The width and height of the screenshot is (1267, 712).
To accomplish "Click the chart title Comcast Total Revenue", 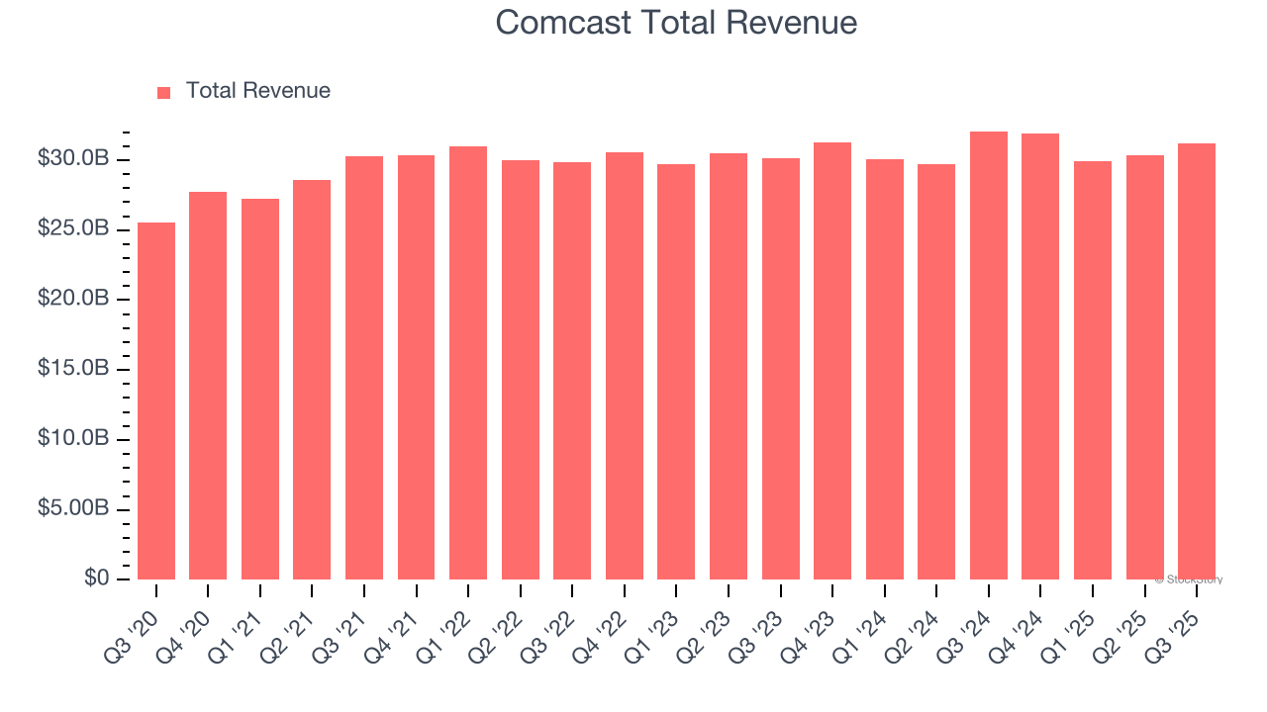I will [676, 23].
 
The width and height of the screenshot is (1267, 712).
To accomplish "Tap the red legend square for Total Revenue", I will [164, 92].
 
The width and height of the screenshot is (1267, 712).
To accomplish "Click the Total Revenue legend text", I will [257, 91].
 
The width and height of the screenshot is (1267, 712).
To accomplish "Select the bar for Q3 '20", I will [156, 400].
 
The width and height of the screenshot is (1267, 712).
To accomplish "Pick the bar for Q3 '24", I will [989, 355].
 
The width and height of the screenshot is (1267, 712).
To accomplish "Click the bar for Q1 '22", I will [468, 363].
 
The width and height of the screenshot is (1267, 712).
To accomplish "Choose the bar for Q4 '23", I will [832, 361].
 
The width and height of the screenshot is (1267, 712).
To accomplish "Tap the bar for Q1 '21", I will [260, 389].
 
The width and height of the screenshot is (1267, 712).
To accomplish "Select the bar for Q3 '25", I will [1197, 361].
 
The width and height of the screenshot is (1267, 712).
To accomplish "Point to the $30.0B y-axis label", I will [72, 159].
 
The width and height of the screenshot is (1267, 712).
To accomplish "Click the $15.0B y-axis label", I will [72, 369].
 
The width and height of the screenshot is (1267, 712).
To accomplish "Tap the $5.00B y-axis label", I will [72, 508].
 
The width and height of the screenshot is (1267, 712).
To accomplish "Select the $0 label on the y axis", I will [96, 578].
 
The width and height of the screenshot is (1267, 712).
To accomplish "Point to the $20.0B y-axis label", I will [72, 299].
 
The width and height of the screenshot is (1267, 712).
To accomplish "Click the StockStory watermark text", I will [1189, 579].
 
